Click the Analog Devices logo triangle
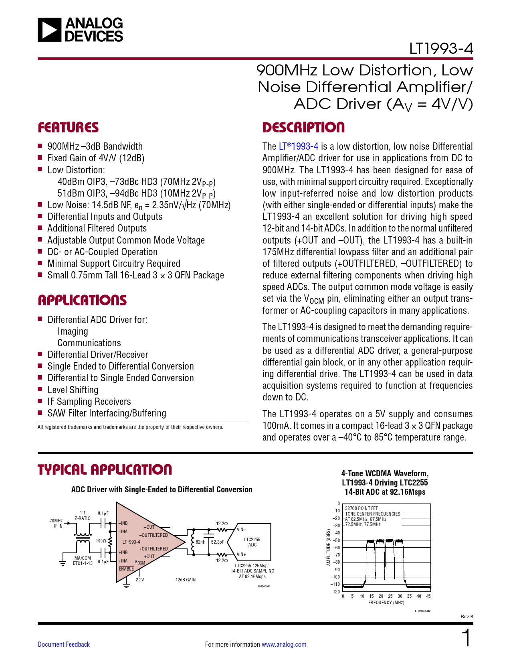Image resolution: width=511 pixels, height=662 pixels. tap(50, 30)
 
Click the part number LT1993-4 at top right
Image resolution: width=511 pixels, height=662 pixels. tap(441, 49)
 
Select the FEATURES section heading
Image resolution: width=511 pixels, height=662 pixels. tap(68, 128)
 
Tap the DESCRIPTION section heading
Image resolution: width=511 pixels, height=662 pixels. tap(303, 128)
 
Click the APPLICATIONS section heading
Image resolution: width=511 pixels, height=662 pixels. tap(82, 301)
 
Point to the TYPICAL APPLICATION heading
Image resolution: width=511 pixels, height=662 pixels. tap(105, 470)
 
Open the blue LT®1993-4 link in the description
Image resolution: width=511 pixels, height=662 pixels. tap(299, 146)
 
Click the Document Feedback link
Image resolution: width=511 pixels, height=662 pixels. tap(64, 644)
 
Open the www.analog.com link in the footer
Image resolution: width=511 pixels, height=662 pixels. tap(284, 644)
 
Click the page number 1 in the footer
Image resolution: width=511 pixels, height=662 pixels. tap(467, 638)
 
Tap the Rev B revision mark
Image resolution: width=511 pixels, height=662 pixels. tap(467, 617)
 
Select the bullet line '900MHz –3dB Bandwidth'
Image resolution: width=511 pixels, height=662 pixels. tap(95, 146)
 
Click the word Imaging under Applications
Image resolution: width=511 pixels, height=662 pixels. tap(73, 331)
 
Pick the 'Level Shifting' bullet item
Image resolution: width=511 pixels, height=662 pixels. tap(73, 390)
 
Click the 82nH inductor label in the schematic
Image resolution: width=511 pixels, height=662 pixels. tap(200, 542)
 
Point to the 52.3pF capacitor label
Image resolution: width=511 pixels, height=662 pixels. tap(218, 542)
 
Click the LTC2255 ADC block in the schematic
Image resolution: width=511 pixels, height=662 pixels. tap(252, 542)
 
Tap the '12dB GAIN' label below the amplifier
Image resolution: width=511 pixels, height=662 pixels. tap(186, 580)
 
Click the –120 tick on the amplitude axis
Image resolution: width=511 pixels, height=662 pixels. tap(335, 592)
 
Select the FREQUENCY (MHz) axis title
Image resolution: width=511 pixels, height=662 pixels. tap(386, 603)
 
